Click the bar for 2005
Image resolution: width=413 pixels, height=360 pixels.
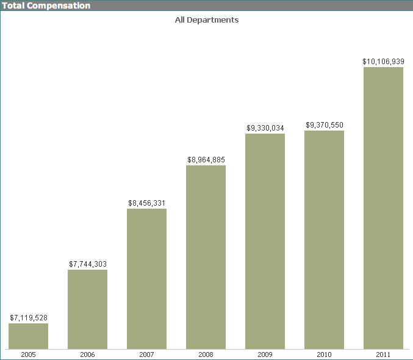coord(28,336)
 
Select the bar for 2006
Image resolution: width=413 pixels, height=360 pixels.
coord(87,309)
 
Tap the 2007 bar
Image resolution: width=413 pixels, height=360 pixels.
coord(146,279)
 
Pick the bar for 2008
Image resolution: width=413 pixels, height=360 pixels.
coord(206,257)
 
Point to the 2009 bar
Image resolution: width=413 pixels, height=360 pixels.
coord(265,241)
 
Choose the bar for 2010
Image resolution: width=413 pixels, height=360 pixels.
coord(324,240)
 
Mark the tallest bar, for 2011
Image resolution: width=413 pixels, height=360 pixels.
coord(383,208)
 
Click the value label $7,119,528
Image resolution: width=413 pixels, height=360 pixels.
coord(29,318)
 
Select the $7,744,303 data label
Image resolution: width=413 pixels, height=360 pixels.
coord(88,264)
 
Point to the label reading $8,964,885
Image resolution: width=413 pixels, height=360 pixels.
coord(206,160)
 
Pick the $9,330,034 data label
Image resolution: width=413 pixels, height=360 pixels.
coord(265,128)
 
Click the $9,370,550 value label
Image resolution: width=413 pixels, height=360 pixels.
coord(325,125)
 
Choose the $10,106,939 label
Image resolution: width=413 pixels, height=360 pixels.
coord(383,62)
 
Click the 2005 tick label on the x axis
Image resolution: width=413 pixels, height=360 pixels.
coord(29,354)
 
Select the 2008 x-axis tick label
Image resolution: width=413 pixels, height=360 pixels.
coord(206,354)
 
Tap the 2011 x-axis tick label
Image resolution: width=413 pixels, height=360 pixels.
coord(383,354)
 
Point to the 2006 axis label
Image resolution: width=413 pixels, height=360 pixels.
coord(88,354)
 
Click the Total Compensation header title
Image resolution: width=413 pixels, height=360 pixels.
coord(46,5)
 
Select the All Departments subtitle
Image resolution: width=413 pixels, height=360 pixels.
coord(206,20)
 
